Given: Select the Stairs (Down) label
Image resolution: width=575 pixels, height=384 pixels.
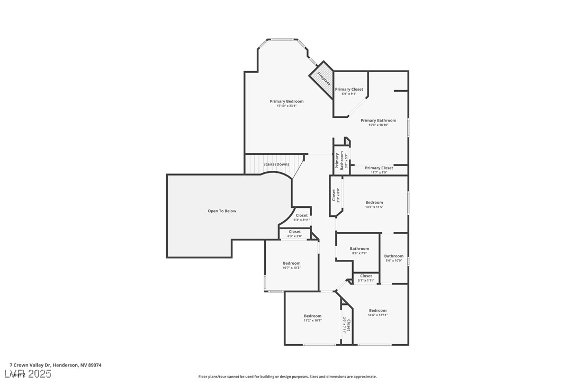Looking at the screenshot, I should tap(276, 164).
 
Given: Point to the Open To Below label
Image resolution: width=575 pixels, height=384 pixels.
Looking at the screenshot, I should tap(222, 211).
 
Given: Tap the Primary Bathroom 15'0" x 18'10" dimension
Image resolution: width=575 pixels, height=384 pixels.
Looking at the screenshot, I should tap(378, 125).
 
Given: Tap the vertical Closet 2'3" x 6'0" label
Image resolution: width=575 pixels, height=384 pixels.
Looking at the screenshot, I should tap(335, 195).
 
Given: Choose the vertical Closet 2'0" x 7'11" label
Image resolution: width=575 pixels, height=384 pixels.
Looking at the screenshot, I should tap(346, 325).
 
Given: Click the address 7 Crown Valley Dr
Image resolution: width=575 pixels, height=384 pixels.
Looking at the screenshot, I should tap(56, 365).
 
